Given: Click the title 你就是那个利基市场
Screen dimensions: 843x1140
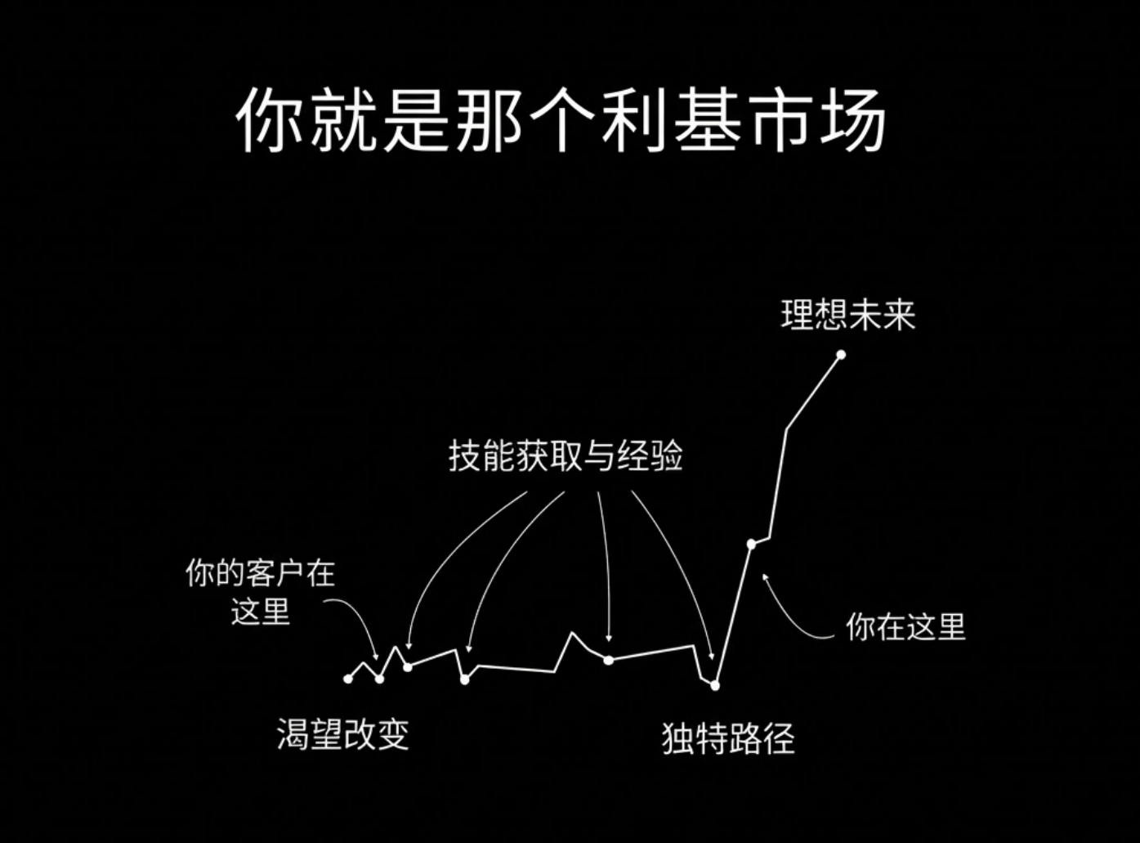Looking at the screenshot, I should pyautogui.click(x=561, y=120).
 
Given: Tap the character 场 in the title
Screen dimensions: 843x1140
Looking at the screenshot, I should pyautogui.click(x=853, y=120).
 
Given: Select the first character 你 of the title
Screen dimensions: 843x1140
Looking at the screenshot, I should pyautogui.click(x=270, y=120).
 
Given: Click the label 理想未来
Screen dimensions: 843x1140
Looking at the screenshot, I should pyautogui.click(x=847, y=315).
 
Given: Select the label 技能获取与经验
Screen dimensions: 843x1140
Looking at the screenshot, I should pyautogui.click(x=566, y=456).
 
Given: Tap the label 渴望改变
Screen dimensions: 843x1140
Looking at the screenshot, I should pyautogui.click(x=342, y=734).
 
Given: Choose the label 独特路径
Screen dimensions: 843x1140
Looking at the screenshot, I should pyautogui.click(x=727, y=738).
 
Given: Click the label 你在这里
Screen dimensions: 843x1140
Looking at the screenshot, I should pyautogui.click(x=905, y=627).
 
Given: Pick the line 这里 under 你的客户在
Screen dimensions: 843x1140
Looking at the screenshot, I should pyautogui.click(x=261, y=611).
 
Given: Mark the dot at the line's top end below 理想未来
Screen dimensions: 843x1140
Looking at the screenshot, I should pyautogui.click(x=841, y=355).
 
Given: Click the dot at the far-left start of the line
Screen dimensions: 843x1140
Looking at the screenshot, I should pyautogui.click(x=348, y=679).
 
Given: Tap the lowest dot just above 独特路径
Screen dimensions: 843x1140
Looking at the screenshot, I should pyautogui.click(x=715, y=685).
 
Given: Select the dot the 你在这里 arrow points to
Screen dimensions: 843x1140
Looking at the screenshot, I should pyautogui.click(x=751, y=544).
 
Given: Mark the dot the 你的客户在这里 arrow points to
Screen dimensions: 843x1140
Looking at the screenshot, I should pyautogui.click(x=379, y=679).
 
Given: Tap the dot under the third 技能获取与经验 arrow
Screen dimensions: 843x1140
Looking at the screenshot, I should pyautogui.click(x=608, y=659).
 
